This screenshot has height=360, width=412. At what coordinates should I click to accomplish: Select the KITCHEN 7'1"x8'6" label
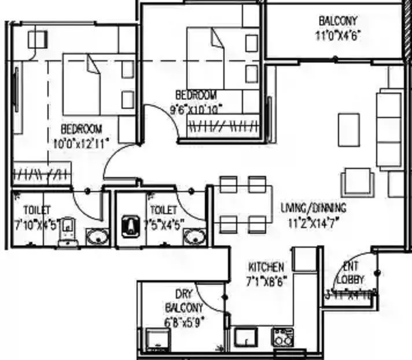pos(267,273)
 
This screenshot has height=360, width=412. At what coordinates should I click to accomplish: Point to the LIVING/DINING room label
pos(313,214)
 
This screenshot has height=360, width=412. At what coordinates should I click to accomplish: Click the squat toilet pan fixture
pos(130,225)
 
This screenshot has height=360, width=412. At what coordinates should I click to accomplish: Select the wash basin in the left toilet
pos(97,237)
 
